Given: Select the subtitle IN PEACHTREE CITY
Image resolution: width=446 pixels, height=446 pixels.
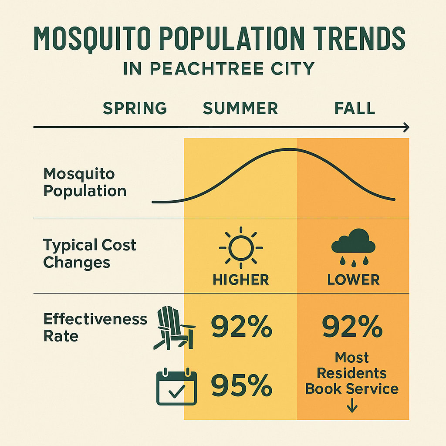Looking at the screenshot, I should [219, 69].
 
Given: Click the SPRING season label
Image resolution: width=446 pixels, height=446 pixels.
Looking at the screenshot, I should [135, 108].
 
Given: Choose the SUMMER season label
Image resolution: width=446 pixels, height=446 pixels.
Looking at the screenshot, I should [240, 108].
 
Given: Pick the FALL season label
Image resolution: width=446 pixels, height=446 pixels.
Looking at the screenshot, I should [355, 108].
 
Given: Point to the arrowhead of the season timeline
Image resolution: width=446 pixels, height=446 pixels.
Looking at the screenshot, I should [405, 127].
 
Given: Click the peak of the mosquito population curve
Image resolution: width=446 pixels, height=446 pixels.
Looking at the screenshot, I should [287, 149].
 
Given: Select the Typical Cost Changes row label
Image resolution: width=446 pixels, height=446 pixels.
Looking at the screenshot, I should [89, 254].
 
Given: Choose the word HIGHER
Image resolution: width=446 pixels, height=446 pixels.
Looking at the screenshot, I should [241, 280].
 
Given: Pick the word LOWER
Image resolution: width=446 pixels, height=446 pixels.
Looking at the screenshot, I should [353, 280].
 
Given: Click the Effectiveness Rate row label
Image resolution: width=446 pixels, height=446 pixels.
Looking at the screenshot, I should [95, 327].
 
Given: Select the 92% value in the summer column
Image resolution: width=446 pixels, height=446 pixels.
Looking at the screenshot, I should [241, 328].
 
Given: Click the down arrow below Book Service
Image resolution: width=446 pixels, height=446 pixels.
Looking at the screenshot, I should [352, 407].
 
